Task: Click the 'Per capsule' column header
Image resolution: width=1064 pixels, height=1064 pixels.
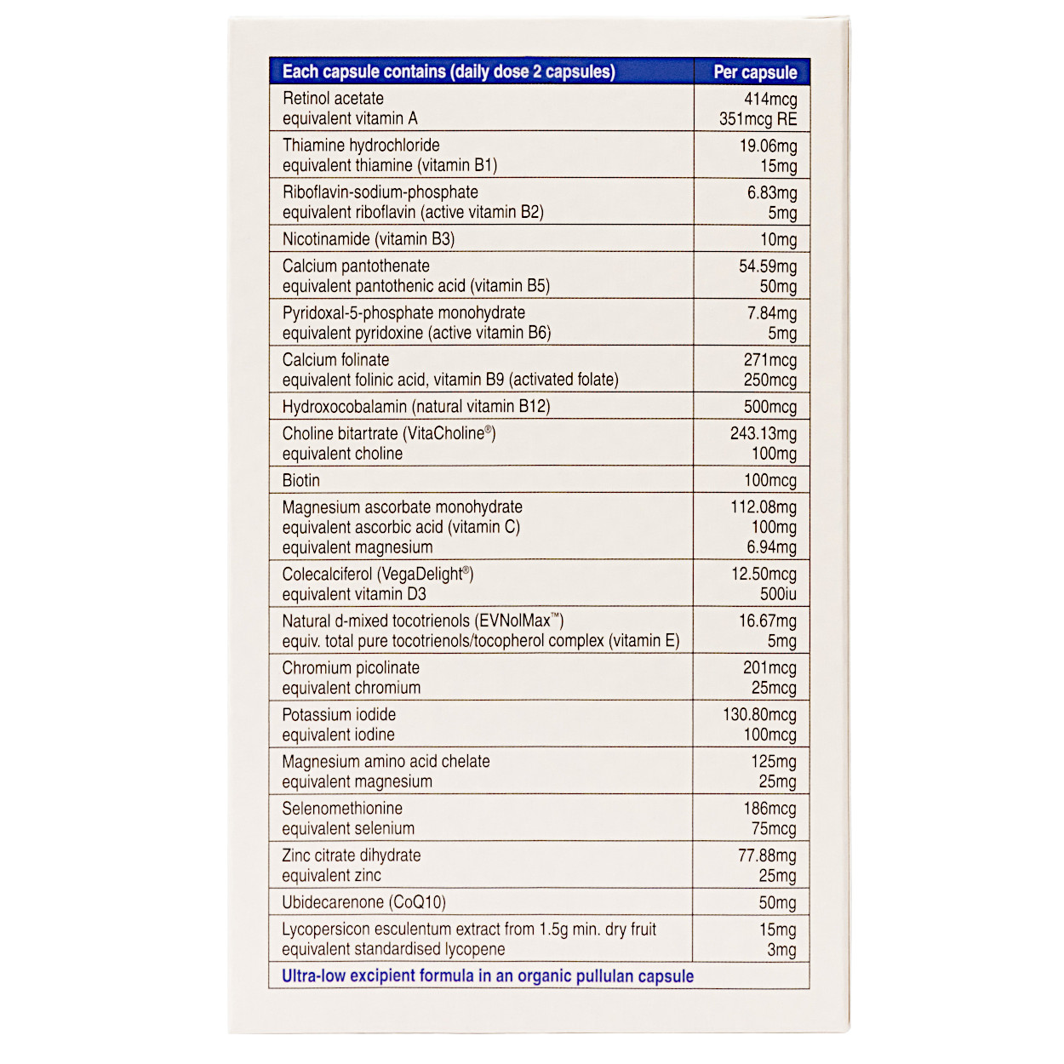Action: coord(754,72)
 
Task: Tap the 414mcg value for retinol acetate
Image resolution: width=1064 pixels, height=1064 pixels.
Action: coord(770,99)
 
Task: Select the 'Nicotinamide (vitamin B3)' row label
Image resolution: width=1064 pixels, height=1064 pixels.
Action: coord(369,239)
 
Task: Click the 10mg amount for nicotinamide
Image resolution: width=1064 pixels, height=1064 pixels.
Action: coord(778,240)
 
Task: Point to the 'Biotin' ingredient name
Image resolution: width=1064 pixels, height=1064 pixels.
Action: coord(301,480)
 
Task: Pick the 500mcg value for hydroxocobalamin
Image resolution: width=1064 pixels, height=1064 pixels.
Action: coord(769,407)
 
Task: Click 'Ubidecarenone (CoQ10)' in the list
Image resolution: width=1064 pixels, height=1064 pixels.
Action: coord(363,902)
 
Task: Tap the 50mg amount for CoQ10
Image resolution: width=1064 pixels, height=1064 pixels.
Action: coord(777,903)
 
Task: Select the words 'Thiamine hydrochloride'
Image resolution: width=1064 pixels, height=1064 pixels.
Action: coord(361,146)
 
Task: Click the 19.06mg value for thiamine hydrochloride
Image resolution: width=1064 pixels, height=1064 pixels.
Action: coord(768,146)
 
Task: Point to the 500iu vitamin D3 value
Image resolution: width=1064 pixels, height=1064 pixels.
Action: coord(778,594)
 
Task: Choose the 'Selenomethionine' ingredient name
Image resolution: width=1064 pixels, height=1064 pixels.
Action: coord(342,809)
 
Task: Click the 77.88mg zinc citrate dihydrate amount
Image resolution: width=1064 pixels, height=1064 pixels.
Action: coord(767,855)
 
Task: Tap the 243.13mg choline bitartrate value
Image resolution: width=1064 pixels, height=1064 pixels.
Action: coord(763,433)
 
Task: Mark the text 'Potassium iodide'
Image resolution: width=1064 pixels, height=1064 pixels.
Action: coord(339,715)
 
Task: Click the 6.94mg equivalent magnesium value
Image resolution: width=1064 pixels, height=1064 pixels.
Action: coord(771,547)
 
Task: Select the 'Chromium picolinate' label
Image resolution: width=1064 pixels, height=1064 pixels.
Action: coord(351,668)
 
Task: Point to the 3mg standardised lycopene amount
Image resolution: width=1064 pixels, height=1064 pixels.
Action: coord(781,950)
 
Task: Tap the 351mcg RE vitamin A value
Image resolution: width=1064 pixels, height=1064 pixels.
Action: coord(758,119)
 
